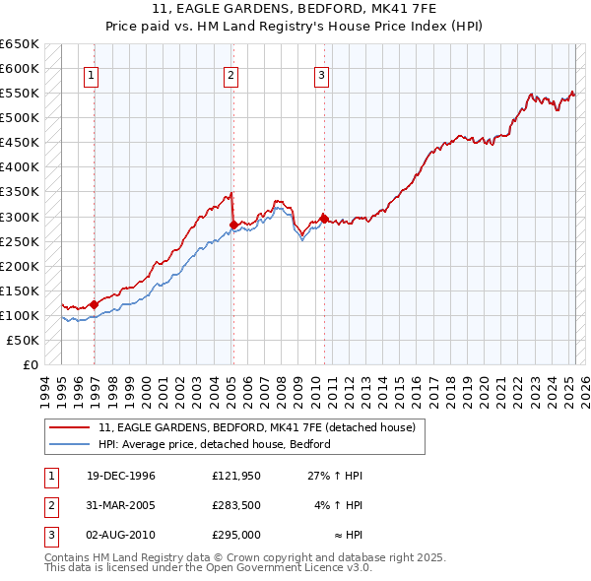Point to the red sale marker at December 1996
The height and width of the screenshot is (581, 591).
tap(94, 304)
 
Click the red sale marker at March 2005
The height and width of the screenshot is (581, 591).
tap(233, 225)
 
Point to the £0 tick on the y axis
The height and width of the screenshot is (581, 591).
tap(32, 364)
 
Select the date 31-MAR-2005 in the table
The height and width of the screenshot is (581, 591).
tap(121, 505)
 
